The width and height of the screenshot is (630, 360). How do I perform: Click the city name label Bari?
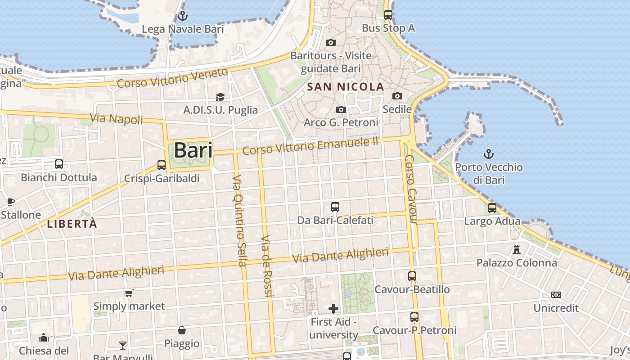193,150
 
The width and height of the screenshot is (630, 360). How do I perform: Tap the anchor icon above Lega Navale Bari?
182,16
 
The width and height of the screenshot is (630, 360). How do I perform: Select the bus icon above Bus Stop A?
388,14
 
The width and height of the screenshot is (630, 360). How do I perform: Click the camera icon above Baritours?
331,42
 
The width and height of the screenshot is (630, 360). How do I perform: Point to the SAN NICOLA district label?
346,87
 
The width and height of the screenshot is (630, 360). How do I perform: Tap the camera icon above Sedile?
397,96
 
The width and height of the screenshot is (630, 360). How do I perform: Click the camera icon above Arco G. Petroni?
341,109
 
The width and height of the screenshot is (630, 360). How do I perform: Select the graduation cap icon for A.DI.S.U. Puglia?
220,97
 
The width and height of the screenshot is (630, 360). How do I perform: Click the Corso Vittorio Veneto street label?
173,78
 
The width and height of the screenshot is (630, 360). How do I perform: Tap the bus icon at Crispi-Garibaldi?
162,165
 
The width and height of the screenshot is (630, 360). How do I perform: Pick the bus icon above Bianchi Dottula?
59,164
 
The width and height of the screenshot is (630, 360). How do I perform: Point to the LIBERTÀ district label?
72,224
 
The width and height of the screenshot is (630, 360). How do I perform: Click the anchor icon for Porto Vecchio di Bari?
488,154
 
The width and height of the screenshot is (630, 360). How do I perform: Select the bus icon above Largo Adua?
492,208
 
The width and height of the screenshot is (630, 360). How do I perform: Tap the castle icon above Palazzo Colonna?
517,249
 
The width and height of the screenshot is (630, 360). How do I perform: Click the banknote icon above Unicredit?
556,295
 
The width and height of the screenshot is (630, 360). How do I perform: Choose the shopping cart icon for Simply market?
129,293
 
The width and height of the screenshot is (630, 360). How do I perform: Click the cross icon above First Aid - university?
333,309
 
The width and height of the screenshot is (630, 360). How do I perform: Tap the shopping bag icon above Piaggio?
182,331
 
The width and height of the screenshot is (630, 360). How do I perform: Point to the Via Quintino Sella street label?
239,220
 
